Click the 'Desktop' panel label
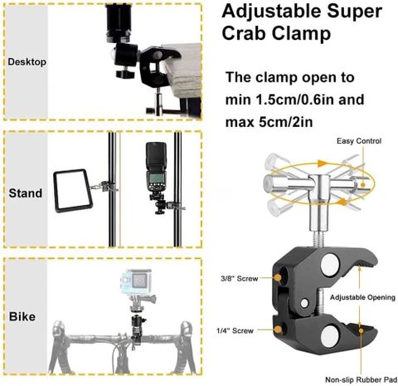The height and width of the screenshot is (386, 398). point(27,61)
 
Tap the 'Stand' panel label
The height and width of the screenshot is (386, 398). point(26,193)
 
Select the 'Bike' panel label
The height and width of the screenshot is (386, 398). point(22,316)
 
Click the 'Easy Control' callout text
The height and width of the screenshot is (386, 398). point(359,141)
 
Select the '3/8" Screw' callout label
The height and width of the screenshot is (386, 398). point(240,278)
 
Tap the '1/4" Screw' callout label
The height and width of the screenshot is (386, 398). point(235,330)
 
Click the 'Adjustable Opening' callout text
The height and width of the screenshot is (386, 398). point(362,297)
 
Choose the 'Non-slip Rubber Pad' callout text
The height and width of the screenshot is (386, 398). point(362,379)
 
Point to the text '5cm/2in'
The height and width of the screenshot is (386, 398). point(286,122)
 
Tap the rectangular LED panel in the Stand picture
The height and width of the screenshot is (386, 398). point(72,191)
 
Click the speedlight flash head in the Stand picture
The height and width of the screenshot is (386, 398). point(157,168)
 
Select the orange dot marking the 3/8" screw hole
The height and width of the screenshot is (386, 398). point(278,277)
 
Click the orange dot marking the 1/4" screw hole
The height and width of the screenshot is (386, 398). point(278,330)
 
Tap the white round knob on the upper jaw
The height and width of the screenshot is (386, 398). point(330,265)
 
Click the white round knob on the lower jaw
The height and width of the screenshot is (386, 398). point(331,337)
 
